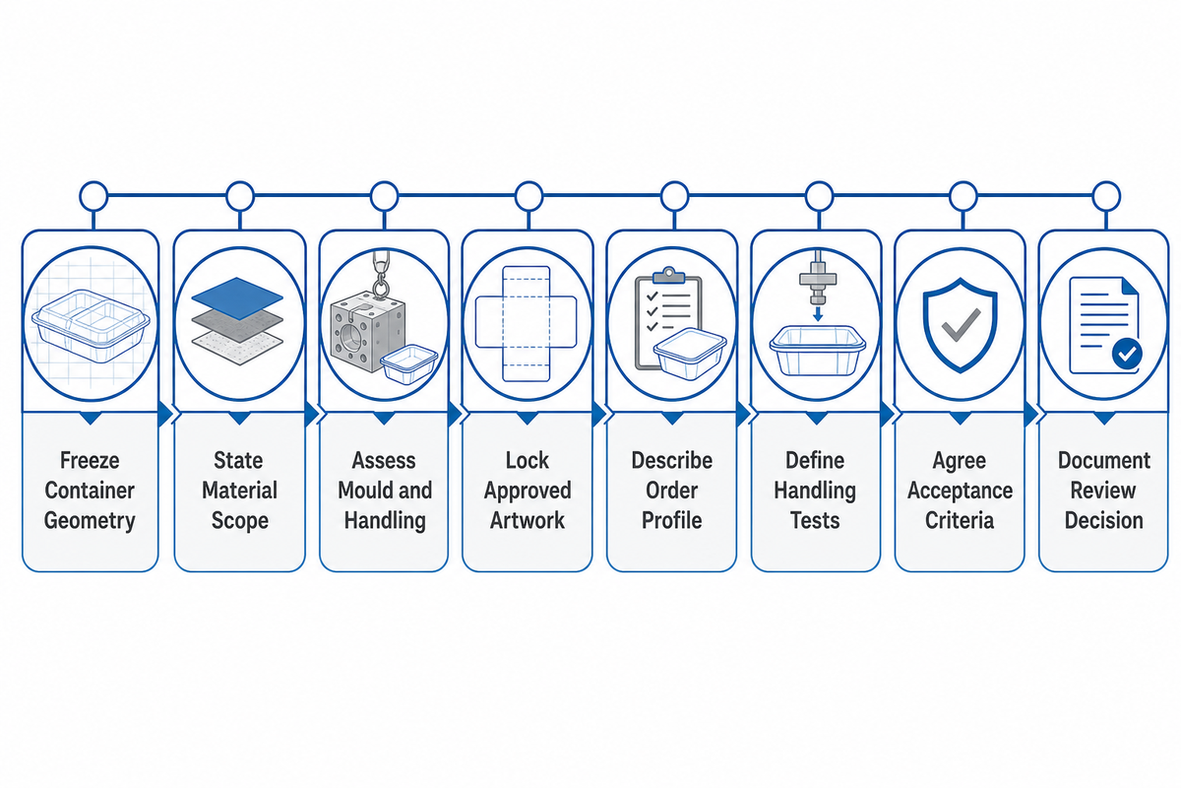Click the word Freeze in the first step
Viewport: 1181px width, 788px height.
point(90,460)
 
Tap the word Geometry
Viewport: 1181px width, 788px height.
point(90,521)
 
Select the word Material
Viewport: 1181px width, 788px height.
point(239,491)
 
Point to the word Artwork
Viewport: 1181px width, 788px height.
point(528,520)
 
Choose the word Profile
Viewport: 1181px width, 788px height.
point(671,520)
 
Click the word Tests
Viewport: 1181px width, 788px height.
point(815,520)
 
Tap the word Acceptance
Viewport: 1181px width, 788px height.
point(960,491)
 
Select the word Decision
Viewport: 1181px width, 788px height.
point(1103,520)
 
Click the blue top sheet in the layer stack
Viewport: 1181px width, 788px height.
point(237,297)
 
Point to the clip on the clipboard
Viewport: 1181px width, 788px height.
point(668,276)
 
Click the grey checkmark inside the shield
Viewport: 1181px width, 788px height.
point(961,325)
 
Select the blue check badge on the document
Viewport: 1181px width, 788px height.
point(1127,354)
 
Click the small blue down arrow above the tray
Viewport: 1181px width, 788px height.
point(818,314)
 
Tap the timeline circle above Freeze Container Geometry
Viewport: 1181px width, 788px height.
point(93,196)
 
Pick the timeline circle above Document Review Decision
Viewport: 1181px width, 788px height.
point(1106,196)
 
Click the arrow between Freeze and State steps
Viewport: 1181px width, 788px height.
point(165,414)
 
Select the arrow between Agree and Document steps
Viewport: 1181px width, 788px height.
point(1031,414)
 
